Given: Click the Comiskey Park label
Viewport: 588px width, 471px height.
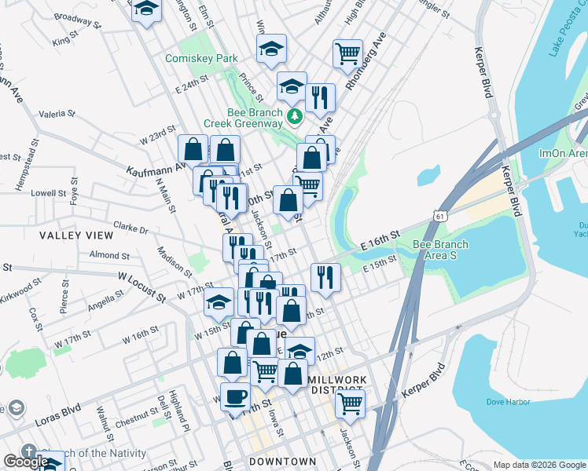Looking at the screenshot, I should pos(201,58).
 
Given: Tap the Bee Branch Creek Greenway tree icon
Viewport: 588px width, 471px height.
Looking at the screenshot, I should pos(295,116).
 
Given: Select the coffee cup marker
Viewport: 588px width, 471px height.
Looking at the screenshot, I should pos(235,396).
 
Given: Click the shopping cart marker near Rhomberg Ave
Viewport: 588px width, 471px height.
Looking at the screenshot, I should pos(347,53).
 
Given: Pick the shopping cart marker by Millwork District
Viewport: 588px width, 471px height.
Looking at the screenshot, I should pos(350,404).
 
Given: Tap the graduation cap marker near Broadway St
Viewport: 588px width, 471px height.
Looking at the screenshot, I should pos(146,10).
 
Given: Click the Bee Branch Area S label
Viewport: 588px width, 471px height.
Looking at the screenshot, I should pos(440,250).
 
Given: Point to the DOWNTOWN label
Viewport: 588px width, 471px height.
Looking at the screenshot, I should pos(282,462).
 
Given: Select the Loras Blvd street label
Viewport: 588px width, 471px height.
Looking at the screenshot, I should pos(60,409).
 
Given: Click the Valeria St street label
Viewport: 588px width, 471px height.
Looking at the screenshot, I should pos(57,114).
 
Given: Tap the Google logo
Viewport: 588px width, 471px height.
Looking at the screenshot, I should pos(25,462).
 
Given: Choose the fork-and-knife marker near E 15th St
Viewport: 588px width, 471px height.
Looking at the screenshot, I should pos(324,276).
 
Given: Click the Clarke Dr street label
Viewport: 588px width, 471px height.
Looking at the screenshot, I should pos(130,229).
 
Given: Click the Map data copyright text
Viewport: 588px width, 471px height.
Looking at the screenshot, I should pos(539,465).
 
